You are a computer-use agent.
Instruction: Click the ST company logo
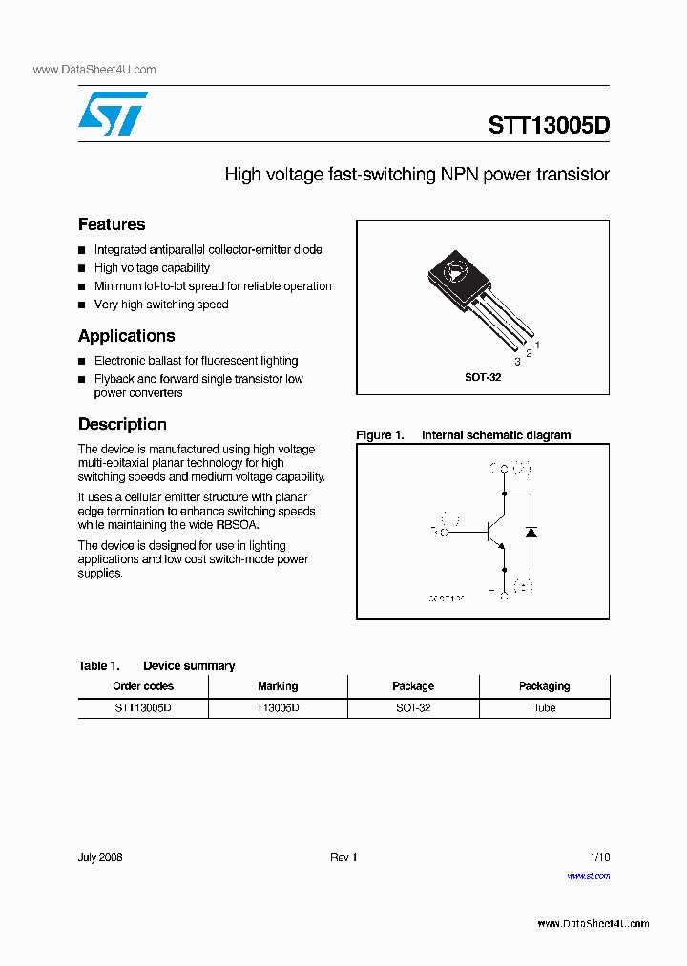pyautogui.click(x=113, y=115)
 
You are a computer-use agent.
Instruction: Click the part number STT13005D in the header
pyautogui.click(x=548, y=125)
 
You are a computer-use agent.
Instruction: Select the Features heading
pyautogui.click(x=112, y=224)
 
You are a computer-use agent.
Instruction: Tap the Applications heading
pyautogui.click(x=126, y=336)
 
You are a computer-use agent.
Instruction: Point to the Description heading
pyautogui.click(x=122, y=424)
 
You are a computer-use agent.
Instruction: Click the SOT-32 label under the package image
pyautogui.click(x=483, y=377)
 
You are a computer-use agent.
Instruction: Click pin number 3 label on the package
pyautogui.click(x=517, y=362)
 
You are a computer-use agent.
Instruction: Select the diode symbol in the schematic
pyautogui.click(x=531, y=531)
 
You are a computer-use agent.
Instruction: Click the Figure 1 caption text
pyautogui.click(x=464, y=435)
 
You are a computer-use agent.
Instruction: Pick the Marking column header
pyautogui.click(x=278, y=686)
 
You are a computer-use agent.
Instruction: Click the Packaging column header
pyautogui.click(x=544, y=686)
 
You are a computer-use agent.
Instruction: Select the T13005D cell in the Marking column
pyautogui.click(x=278, y=708)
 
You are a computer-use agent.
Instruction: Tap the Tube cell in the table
pyautogui.click(x=544, y=708)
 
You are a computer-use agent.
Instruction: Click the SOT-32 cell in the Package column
pyautogui.click(x=413, y=708)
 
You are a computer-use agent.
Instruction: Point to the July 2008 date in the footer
pyautogui.click(x=100, y=857)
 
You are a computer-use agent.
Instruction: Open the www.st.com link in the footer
pyautogui.click(x=588, y=875)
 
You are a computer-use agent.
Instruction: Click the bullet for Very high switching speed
pyautogui.click(x=83, y=305)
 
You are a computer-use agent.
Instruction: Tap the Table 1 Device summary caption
pyautogui.click(x=156, y=666)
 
